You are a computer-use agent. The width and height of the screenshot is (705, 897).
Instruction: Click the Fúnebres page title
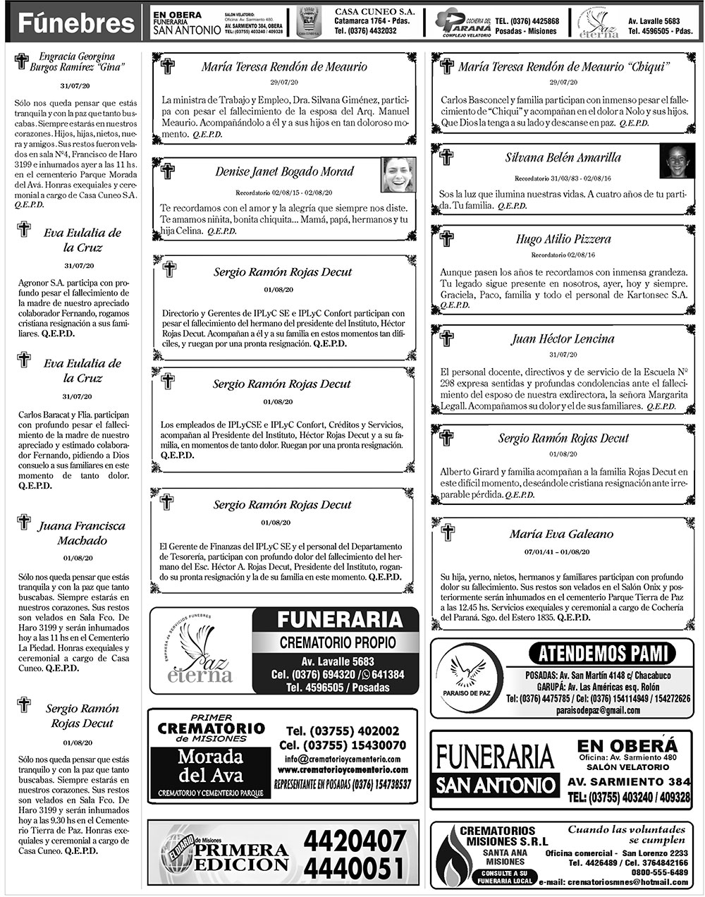pos(75,23)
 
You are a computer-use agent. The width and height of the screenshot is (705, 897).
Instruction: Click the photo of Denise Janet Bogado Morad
pos(398,175)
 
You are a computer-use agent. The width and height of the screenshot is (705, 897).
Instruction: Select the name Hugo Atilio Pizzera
pos(563,239)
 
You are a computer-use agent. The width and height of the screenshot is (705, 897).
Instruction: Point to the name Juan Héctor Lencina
pos(563,338)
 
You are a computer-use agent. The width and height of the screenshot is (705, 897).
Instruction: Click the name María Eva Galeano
pos(561,534)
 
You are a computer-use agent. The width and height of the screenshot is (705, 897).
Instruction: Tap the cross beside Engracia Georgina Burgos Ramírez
pos(21,61)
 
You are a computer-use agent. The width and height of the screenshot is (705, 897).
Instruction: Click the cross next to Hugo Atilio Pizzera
pos(446,238)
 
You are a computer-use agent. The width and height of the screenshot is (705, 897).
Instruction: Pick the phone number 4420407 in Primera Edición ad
pos(355,840)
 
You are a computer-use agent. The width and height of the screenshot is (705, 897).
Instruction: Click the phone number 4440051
pos(355,867)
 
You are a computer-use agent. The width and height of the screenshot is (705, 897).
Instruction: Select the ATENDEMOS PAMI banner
pos(601,652)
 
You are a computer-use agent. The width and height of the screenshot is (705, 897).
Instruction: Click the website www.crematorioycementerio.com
pos(346,769)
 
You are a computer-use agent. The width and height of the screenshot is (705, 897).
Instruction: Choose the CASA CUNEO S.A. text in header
pos(374,13)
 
